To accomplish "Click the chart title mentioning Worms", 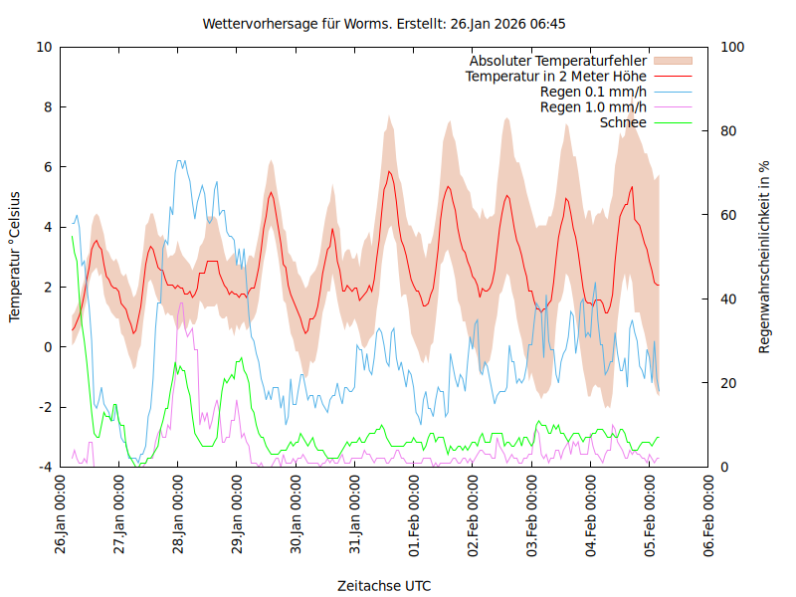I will point(384,23).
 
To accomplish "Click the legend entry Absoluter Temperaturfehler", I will point(558,61).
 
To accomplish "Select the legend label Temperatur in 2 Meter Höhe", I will point(556,76).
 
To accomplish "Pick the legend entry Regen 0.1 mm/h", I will point(593,92).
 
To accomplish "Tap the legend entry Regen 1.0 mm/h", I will point(593,106).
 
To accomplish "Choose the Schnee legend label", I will point(624,122).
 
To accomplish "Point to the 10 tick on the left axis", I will point(45,47).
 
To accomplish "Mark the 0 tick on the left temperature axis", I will point(48,347).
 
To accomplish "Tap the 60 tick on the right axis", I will point(728,215).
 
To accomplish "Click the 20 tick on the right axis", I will point(728,383).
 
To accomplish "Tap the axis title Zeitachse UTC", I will point(384,585).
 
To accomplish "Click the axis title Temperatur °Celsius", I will point(15,256).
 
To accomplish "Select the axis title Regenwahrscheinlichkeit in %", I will point(765,256).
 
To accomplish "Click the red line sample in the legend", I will point(673,76).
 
